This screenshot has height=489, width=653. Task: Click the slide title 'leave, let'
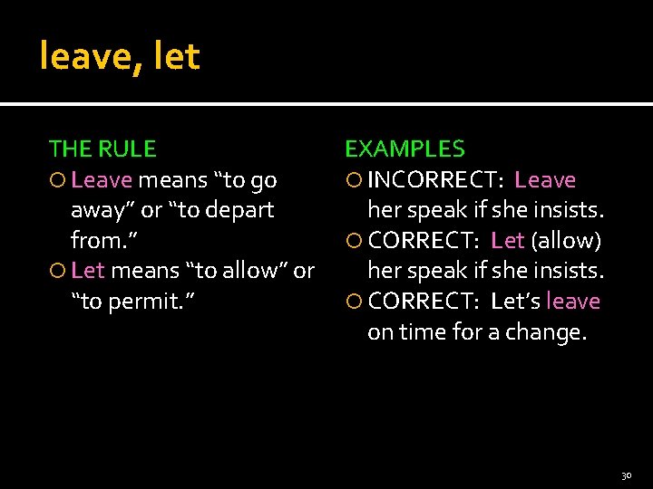point(119,57)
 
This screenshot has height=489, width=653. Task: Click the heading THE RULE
point(102,149)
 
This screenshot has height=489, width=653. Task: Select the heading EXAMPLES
point(404,149)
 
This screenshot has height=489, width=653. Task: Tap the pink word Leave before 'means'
point(102,180)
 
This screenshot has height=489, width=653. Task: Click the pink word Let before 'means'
point(88,270)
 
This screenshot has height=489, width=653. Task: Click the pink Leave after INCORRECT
point(545,180)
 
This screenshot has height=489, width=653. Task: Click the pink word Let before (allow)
point(508,240)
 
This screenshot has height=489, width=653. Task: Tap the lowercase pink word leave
point(573,301)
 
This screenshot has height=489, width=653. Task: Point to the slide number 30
point(626,475)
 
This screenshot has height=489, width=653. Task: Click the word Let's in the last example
point(515,301)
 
